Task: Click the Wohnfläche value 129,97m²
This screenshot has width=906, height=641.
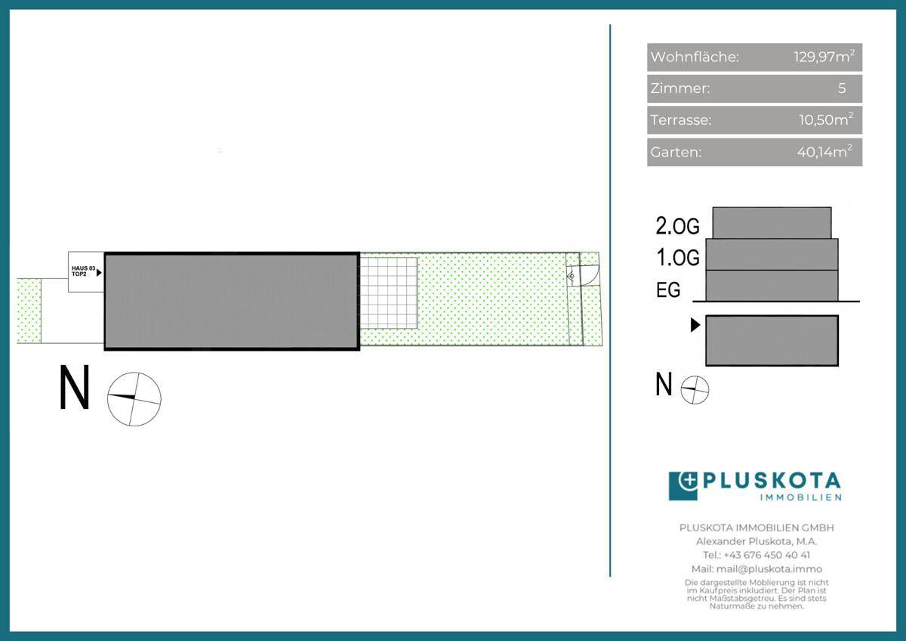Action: [824, 57]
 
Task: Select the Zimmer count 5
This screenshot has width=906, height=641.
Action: [842, 88]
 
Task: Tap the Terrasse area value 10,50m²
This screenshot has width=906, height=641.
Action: [826, 120]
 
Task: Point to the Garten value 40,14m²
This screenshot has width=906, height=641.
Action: [824, 152]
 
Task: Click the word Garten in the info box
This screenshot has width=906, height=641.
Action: [676, 152]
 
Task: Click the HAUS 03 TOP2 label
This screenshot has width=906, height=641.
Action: [83, 271]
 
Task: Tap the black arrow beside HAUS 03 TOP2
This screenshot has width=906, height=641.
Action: [99, 273]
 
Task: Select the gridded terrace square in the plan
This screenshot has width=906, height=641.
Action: [389, 293]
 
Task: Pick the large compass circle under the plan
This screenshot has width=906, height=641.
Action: [134, 399]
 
